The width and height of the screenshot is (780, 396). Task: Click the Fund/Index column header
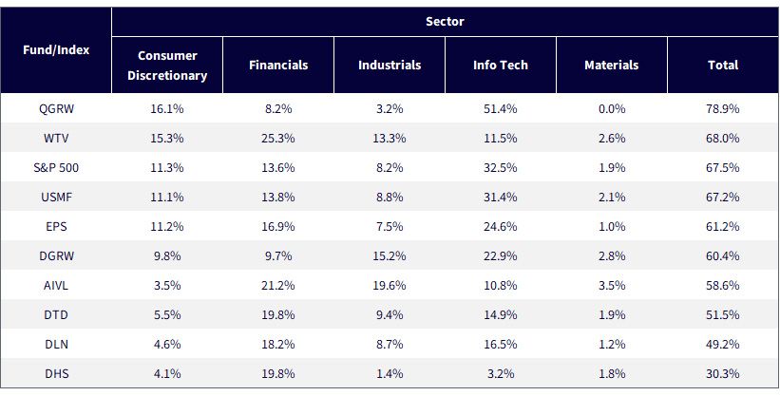tap(56, 50)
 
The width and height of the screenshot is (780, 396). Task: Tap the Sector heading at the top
tap(446, 22)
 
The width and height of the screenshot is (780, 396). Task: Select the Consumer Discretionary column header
tap(167, 66)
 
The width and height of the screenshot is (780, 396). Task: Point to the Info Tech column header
tap(501, 66)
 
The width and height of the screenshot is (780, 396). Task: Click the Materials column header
tap(612, 66)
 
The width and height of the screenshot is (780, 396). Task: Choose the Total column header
tap(723, 66)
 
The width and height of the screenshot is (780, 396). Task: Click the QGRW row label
tap(56, 109)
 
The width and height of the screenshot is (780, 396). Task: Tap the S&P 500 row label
tap(56, 168)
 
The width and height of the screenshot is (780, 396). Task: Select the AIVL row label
tap(56, 286)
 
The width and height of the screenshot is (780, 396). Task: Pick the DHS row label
tap(56, 373)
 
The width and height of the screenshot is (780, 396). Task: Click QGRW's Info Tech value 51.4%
tap(501, 109)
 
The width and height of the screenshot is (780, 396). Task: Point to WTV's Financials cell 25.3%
tap(278, 139)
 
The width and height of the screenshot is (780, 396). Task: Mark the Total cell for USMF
tap(723, 197)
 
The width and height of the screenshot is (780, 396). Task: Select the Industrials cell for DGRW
tap(390, 256)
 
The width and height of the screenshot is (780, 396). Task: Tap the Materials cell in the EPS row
tap(612, 227)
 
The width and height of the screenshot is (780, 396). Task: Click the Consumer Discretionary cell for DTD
tap(167, 315)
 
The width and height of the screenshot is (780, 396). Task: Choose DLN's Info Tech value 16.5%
tap(501, 345)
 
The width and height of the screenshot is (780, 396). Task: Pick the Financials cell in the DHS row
tap(278, 373)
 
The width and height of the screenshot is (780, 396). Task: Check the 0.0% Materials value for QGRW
tap(612, 109)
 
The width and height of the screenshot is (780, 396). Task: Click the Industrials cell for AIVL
tap(390, 286)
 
